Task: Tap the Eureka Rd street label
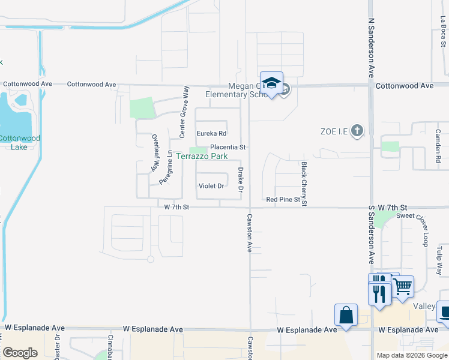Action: (211, 133)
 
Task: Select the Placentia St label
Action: (228, 147)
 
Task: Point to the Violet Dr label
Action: (211, 186)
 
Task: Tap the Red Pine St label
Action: (283, 199)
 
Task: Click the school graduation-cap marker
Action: (271, 83)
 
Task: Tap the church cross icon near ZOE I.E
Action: (357, 130)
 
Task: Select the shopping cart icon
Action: (402, 286)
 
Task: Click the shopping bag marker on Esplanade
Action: (346, 314)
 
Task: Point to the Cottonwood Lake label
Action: (19, 142)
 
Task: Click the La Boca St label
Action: (442, 34)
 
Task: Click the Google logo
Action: (21, 353)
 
